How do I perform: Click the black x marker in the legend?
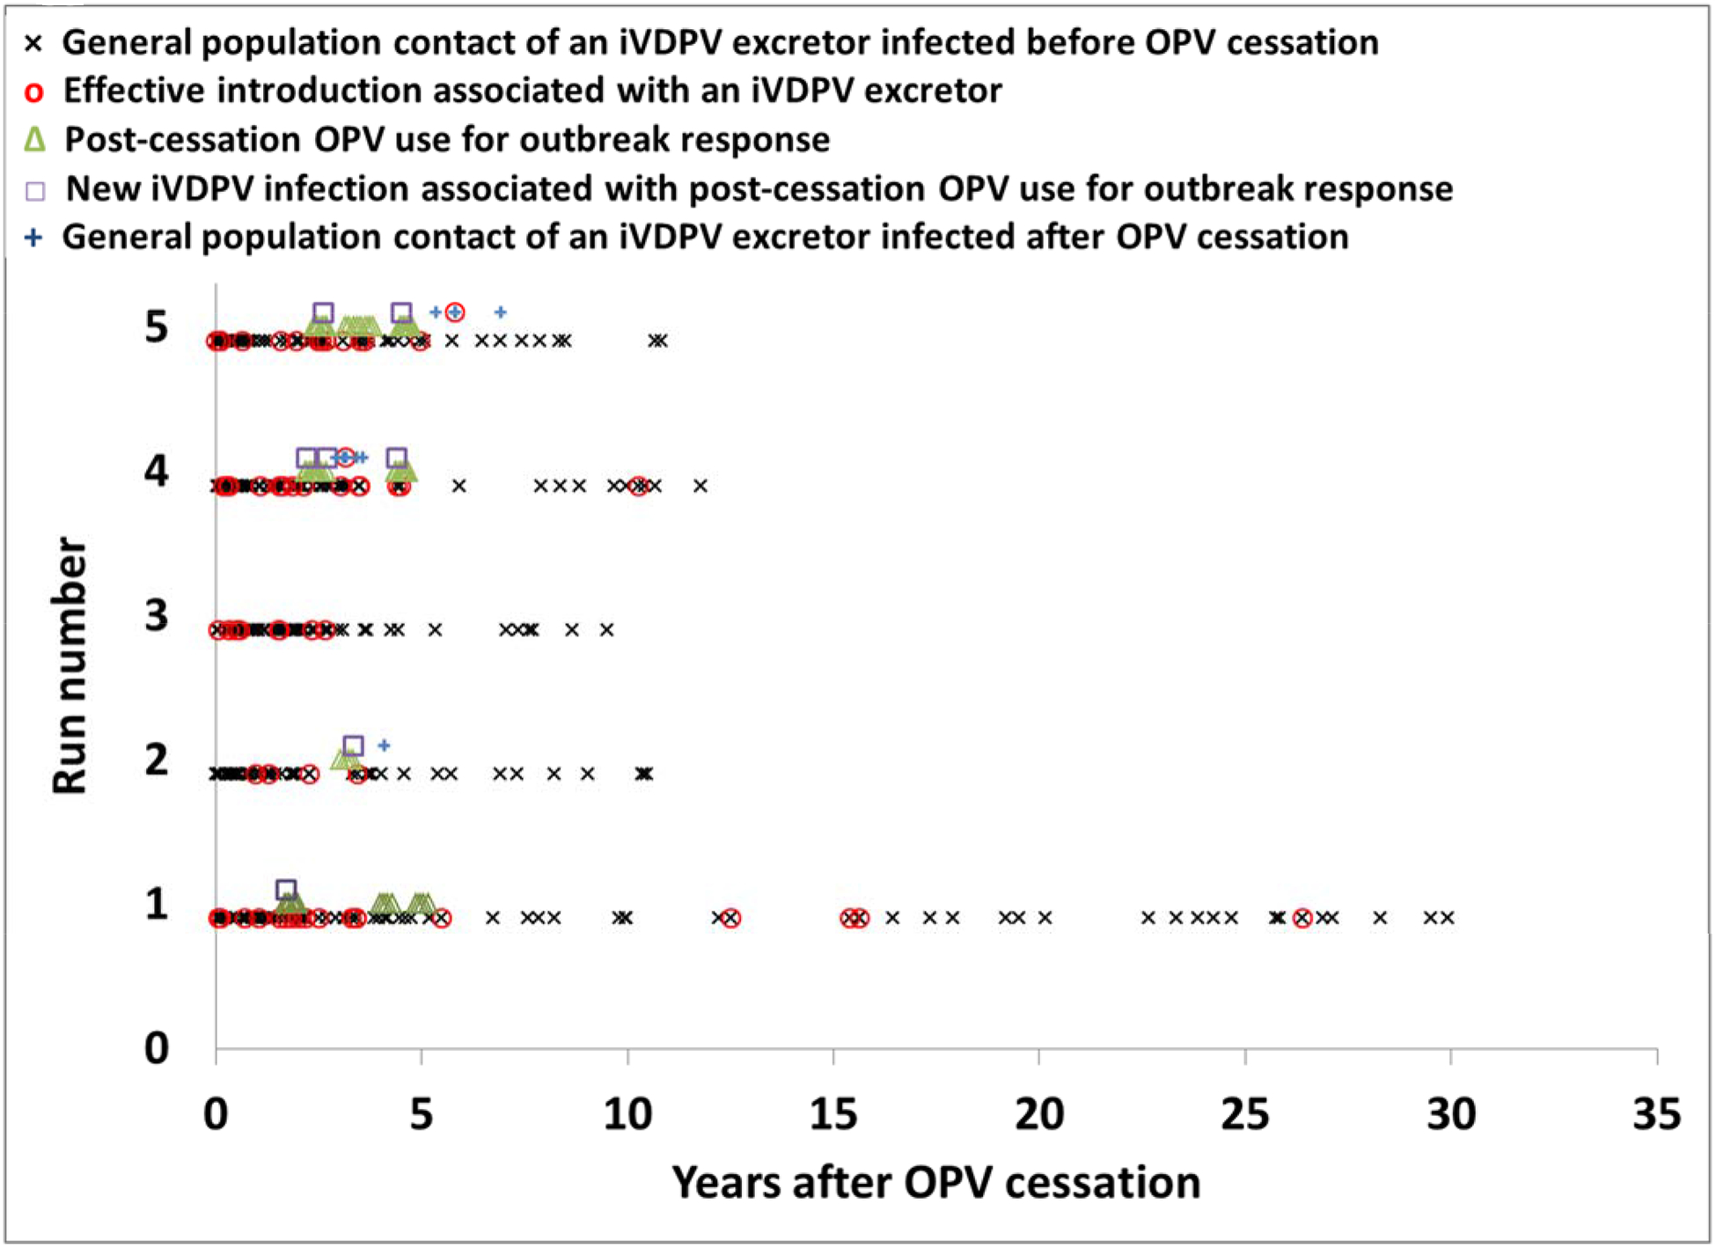(33, 43)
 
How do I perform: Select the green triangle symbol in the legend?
(34, 139)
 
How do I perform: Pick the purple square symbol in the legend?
(35, 190)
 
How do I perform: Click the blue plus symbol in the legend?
(33, 238)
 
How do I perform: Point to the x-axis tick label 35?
(1656, 1114)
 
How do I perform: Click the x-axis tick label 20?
(1039, 1114)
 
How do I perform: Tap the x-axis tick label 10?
(627, 1114)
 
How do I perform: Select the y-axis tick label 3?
(157, 615)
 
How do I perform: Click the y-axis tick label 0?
(157, 1048)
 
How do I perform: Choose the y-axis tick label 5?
(157, 327)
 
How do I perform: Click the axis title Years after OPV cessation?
(936, 1182)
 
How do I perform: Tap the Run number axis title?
(70, 665)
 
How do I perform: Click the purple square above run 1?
(286, 890)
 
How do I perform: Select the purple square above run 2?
(353, 745)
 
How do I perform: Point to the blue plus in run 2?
(384, 745)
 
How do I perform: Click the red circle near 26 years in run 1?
(1302, 918)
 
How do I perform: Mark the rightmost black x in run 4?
(700, 486)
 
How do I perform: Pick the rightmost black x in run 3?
(606, 629)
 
